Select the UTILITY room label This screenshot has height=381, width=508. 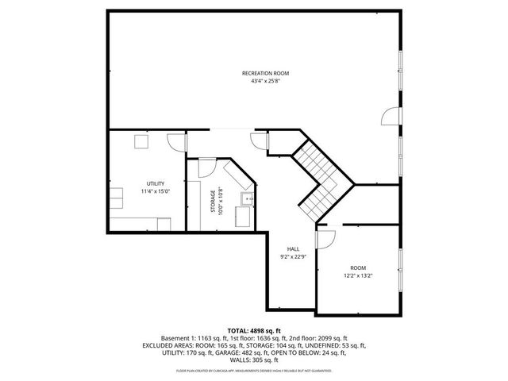pyautogui.click(x=156, y=183)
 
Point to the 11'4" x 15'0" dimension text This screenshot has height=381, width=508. pyautogui.click(x=156, y=191)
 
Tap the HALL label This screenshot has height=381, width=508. pyautogui.click(x=293, y=248)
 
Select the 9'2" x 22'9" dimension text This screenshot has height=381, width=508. pyautogui.click(x=293, y=256)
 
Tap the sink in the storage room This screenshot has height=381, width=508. pyautogui.click(x=248, y=198)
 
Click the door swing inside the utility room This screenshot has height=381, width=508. pyautogui.click(x=174, y=141)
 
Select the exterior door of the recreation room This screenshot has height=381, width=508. pyautogui.click(x=390, y=117)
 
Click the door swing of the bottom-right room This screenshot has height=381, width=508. pyautogui.click(x=325, y=237)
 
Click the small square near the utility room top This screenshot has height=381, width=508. pyautogui.click(x=140, y=141)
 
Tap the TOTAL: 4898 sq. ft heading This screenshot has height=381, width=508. pyautogui.click(x=254, y=330)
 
